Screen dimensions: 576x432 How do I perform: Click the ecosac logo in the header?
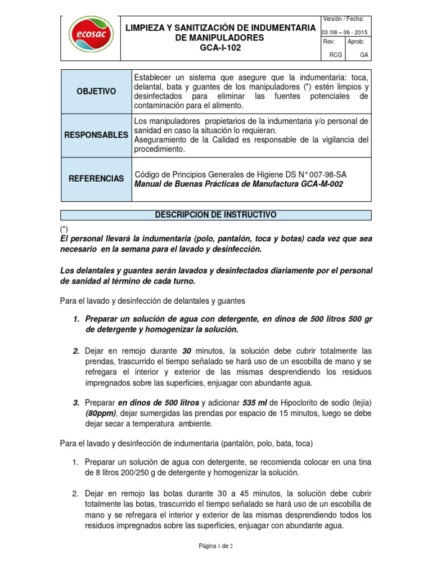pos(91,37)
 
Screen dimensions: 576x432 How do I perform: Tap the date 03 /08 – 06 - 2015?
pos(344,32)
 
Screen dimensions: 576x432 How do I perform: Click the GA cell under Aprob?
pos(364,55)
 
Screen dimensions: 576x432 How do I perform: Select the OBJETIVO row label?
pos(96,91)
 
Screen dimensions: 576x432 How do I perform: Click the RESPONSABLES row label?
pos(96,136)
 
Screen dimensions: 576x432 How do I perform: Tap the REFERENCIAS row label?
pos(96,178)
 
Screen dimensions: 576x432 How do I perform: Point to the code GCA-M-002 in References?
pos(320,184)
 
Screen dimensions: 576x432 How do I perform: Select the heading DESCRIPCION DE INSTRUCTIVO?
pos(215,215)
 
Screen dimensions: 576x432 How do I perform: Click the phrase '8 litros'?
pos(100,472)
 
